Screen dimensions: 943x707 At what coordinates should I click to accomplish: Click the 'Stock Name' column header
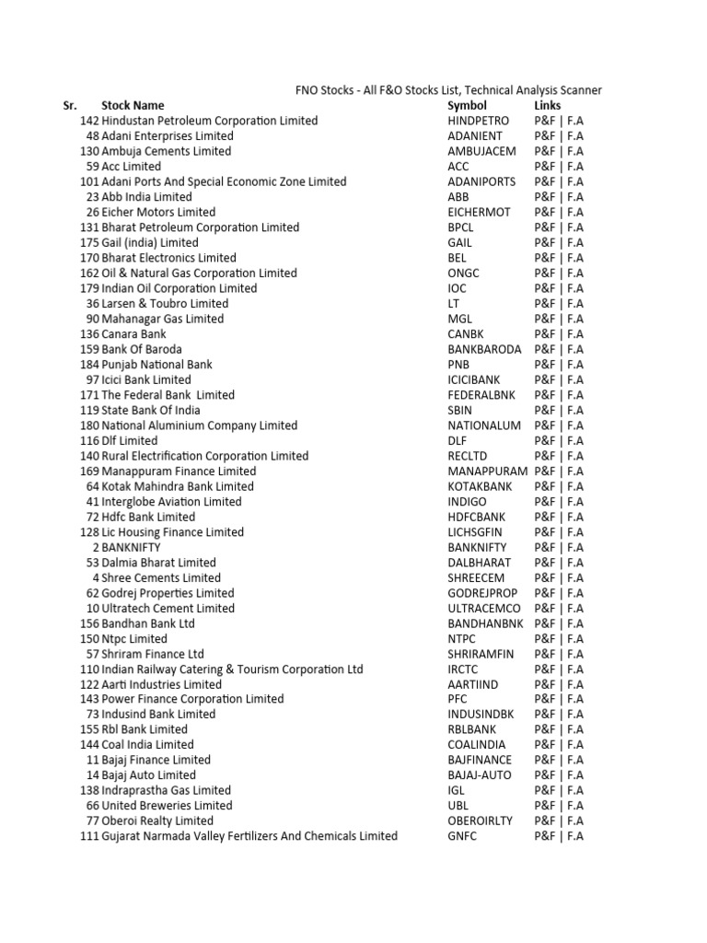tap(133, 106)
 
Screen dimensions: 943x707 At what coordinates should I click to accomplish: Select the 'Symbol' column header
tap(467, 106)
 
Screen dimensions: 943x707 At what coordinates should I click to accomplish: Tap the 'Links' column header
tap(548, 106)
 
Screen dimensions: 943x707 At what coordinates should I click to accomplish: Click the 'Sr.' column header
tap(69, 106)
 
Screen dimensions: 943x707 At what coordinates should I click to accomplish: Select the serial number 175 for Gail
tap(89, 242)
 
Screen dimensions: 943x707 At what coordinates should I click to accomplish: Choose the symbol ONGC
tap(464, 274)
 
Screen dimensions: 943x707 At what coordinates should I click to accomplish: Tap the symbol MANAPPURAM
tap(488, 471)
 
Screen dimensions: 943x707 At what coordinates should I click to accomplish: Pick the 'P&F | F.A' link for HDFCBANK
tap(558, 517)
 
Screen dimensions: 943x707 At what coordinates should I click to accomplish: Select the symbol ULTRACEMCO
tap(484, 608)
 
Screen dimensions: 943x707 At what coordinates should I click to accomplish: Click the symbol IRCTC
tap(464, 669)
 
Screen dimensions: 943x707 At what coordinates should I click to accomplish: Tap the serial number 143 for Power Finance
tap(89, 699)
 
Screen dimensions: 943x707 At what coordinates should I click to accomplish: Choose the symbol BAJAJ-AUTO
tap(480, 775)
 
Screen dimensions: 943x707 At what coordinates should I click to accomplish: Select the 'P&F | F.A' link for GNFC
tap(558, 836)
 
